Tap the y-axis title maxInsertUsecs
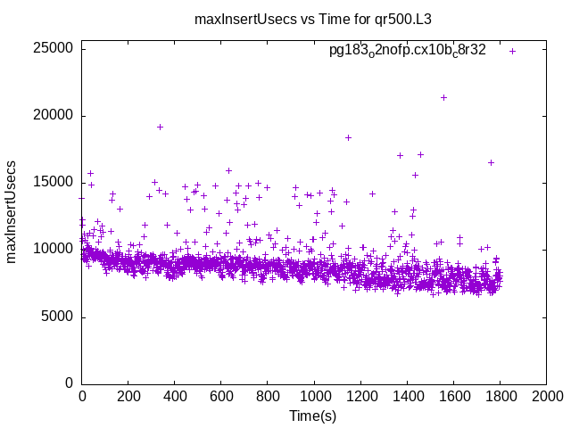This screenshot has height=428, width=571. click(12, 211)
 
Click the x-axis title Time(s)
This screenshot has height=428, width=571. click(312, 416)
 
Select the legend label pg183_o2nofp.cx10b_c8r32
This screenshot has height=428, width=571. click(408, 51)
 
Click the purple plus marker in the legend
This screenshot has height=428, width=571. click(512, 51)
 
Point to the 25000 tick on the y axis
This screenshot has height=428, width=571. click(54, 48)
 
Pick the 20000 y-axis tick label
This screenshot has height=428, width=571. click(54, 115)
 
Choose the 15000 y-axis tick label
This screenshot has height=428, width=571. click(54, 182)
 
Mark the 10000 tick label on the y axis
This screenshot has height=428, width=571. click(54, 250)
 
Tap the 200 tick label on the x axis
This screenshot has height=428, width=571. click(128, 396)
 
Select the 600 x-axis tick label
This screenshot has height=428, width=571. click(221, 396)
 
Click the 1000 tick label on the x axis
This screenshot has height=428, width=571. click(314, 396)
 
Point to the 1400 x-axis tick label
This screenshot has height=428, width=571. click(407, 396)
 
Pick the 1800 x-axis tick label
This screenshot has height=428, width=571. click(500, 396)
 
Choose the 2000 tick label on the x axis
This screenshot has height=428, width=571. click(546, 396)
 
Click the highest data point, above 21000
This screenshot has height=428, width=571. click(443, 97)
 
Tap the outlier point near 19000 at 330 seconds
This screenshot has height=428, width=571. click(160, 127)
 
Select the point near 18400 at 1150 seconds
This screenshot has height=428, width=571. click(348, 137)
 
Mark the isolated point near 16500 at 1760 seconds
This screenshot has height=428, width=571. click(491, 162)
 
